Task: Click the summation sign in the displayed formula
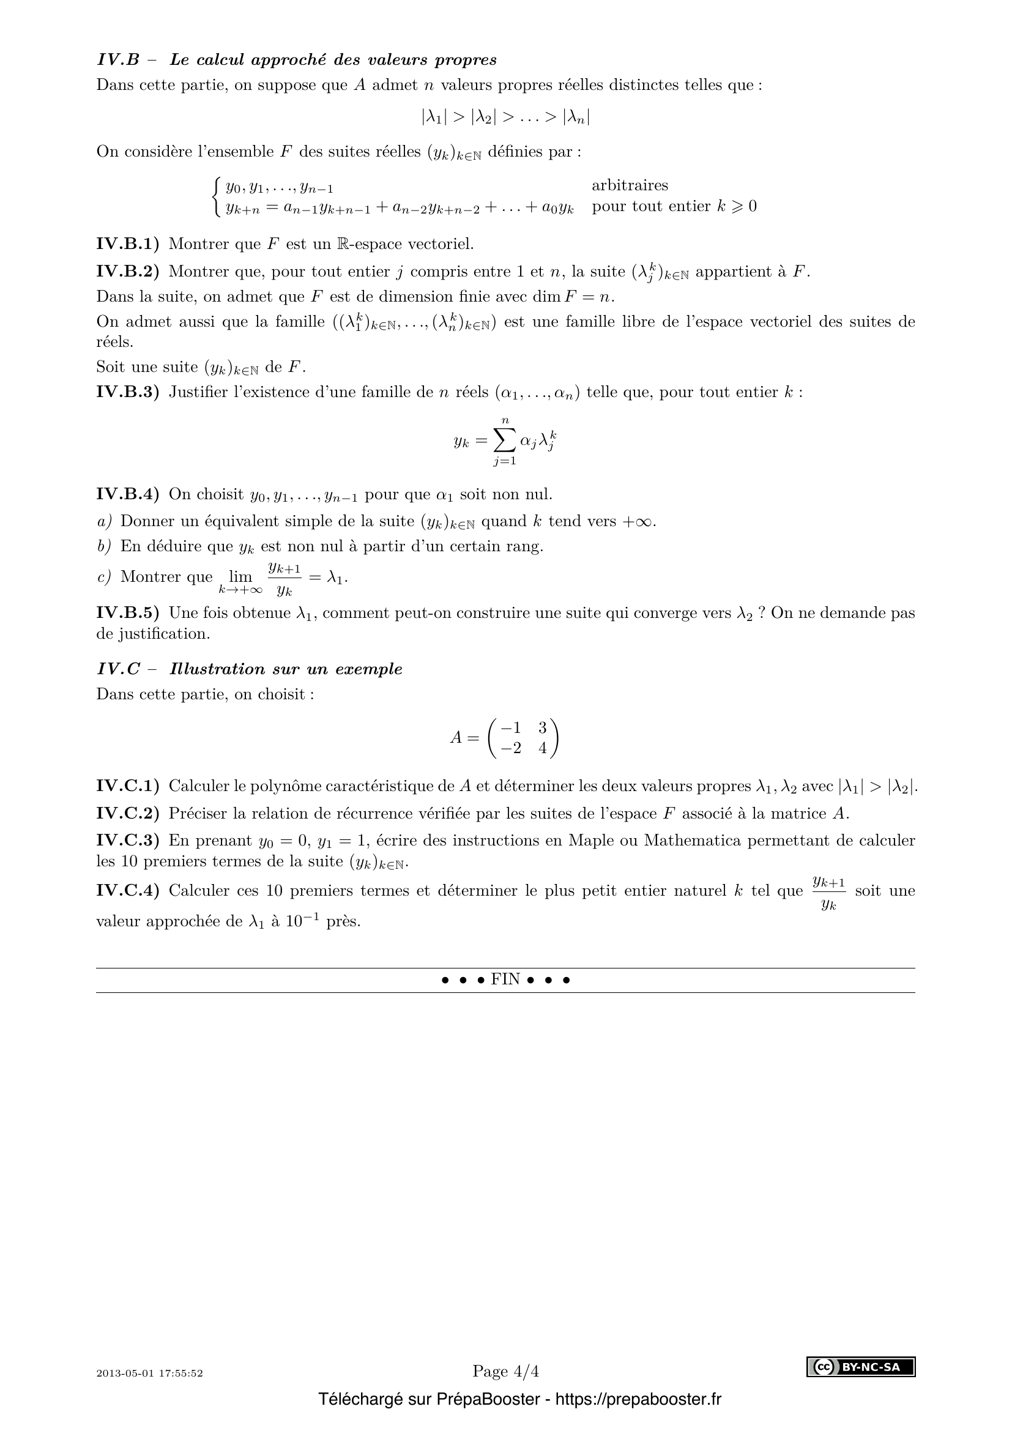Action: click(505, 441)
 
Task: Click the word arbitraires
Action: click(630, 185)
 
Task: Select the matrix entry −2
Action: click(511, 748)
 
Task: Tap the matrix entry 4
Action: click(542, 748)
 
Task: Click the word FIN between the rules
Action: click(505, 979)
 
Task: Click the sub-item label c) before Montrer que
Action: click(104, 577)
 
